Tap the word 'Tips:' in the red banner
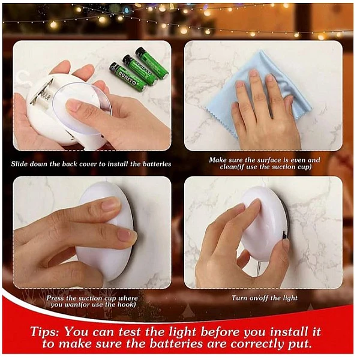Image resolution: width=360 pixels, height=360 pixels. [x=44, y=332]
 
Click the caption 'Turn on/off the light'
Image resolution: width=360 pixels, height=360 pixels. [x=264, y=298]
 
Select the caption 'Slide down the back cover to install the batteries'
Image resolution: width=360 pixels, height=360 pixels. [x=91, y=164]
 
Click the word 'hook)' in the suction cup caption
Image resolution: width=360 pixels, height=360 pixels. [x=127, y=305]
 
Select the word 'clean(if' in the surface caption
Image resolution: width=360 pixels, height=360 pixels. [x=232, y=167]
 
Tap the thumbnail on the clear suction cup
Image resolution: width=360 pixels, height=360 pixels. [x=73, y=107]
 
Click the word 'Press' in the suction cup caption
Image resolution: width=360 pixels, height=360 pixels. [x=55, y=298]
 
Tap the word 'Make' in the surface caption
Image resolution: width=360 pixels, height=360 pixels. [x=217, y=160]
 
